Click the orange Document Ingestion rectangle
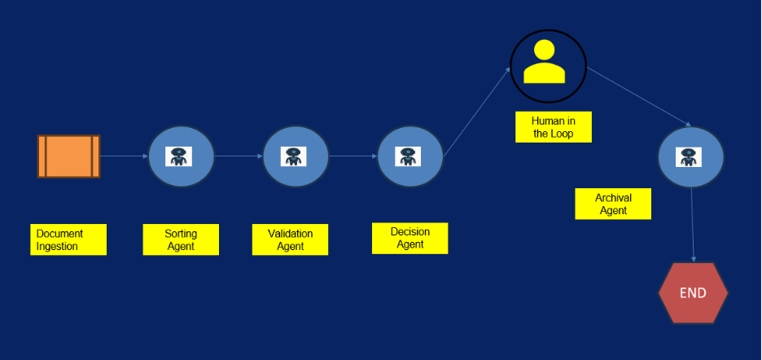tap(68, 156)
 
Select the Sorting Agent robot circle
tap(181, 156)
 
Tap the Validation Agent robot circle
tap(296, 156)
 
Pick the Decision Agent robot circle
tap(409, 156)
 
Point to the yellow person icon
tap(545, 64)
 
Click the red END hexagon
tap(693, 293)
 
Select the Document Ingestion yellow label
tap(68, 239)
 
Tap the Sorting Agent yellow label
tap(181, 239)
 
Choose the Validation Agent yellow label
tap(291, 239)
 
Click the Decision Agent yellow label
tap(409, 238)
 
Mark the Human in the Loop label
tap(553, 126)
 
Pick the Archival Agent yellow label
tap(613, 204)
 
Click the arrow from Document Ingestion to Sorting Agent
tap(124, 156)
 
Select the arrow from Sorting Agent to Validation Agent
tap(239, 156)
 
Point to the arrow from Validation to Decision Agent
tap(353, 156)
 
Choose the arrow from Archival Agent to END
tap(693, 224)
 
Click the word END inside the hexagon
tap(693, 293)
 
